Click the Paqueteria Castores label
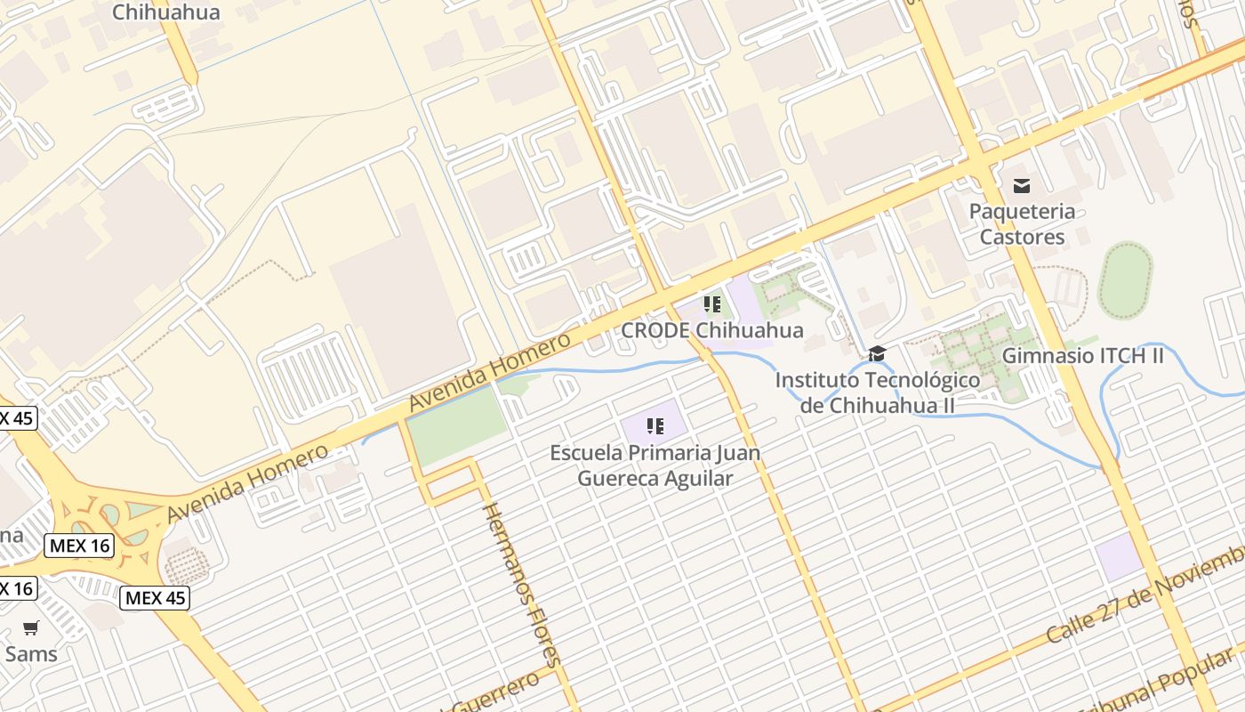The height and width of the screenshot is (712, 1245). (x=1022, y=224)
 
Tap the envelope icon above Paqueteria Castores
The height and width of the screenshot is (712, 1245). (x=1022, y=185)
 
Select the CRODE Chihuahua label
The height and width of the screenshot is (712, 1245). (x=711, y=330)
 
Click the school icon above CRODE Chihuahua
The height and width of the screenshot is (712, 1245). (x=711, y=305)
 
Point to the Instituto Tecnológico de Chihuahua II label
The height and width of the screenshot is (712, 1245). (x=877, y=392)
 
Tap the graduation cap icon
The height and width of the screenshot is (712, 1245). (x=877, y=354)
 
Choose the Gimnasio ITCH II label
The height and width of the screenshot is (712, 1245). (x=1082, y=356)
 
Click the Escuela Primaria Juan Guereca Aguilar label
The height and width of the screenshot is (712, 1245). (x=655, y=465)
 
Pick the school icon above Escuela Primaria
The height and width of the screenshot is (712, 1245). (x=655, y=426)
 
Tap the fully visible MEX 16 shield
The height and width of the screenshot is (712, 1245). (x=80, y=546)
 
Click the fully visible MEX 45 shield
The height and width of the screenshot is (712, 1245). (x=155, y=598)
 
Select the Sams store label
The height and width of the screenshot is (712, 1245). (x=31, y=654)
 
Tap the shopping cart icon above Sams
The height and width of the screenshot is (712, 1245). (x=31, y=628)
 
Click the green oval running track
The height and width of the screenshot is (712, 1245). (x=1125, y=280)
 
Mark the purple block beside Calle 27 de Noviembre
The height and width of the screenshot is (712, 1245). (x=1118, y=558)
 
